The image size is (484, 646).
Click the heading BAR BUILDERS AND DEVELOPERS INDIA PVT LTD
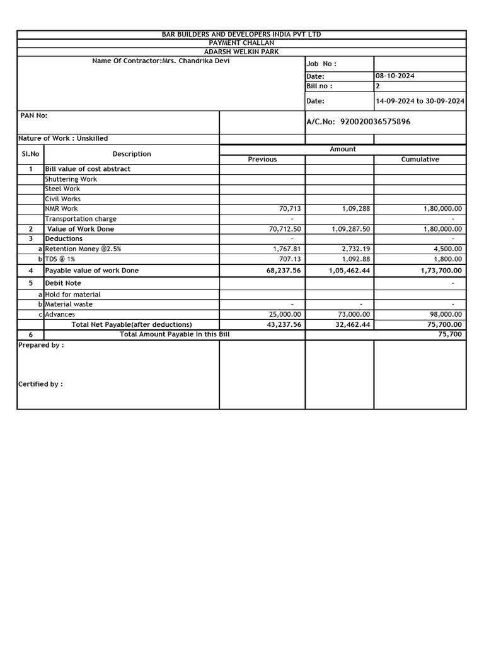point(241,34)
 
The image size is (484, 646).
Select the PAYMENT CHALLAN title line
point(241,43)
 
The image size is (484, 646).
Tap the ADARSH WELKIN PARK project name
point(241,52)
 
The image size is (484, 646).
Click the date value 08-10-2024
point(395,76)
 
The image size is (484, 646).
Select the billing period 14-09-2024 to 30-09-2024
point(420,101)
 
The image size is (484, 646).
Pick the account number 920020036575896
point(374,122)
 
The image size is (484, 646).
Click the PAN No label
point(34,115)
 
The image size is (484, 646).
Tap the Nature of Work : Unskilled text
point(63,138)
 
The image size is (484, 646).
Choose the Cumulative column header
point(420,160)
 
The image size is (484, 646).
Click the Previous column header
point(262,160)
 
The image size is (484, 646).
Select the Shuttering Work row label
point(71,179)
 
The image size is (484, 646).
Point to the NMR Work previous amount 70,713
point(290,209)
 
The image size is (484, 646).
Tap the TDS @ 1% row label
point(60,259)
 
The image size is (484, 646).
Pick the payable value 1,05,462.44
point(349,271)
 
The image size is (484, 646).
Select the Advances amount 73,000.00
point(353,314)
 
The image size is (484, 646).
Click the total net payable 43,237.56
point(284,324)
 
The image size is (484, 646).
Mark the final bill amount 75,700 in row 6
point(450,334)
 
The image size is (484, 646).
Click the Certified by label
point(40,384)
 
